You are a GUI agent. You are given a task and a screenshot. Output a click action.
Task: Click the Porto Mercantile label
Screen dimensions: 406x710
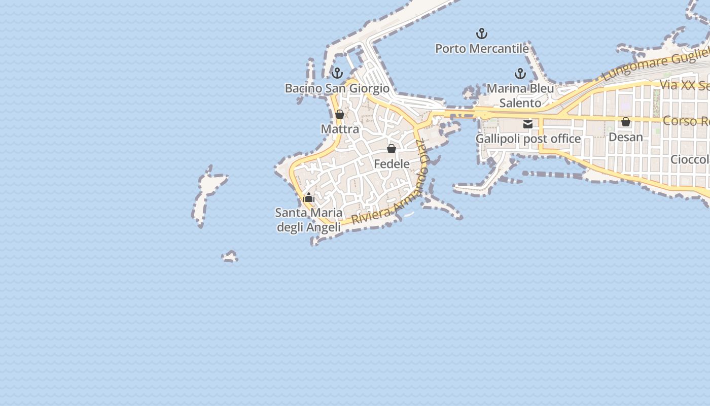[482, 49]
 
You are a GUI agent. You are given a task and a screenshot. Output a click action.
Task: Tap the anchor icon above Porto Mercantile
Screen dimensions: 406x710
[482, 34]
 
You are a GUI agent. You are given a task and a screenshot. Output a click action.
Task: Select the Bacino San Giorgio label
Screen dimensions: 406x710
[337, 88]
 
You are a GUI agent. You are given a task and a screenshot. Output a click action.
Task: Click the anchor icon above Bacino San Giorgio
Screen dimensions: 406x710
[337, 73]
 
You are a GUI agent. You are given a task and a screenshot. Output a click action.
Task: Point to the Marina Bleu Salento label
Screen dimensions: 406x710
[520, 96]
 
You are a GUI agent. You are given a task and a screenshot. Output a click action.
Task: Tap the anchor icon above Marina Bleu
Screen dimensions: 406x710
[520, 74]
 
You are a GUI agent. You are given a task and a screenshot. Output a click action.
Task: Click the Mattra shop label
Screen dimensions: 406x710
[340, 129]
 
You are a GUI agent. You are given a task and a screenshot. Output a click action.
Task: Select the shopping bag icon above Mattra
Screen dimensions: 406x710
[340, 114]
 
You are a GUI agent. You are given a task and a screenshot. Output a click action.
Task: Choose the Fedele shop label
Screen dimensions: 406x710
[392, 164]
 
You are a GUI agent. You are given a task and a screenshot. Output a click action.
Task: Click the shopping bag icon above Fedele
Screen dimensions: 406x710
[392, 149]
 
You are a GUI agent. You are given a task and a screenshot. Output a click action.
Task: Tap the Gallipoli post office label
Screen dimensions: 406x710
[528, 139]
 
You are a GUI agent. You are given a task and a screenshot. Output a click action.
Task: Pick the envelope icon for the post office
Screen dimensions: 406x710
[528, 124]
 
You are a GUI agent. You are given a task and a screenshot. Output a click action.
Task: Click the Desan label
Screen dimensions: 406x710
[625, 137]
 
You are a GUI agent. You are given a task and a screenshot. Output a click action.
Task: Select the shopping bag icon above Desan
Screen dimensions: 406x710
[626, 122]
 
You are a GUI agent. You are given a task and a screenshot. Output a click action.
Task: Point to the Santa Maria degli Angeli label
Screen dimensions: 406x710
[309, 220]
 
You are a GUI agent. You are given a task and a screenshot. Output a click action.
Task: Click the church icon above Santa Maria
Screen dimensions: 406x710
[309, 198]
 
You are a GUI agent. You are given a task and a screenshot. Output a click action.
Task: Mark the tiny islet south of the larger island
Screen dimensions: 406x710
[230, 257]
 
